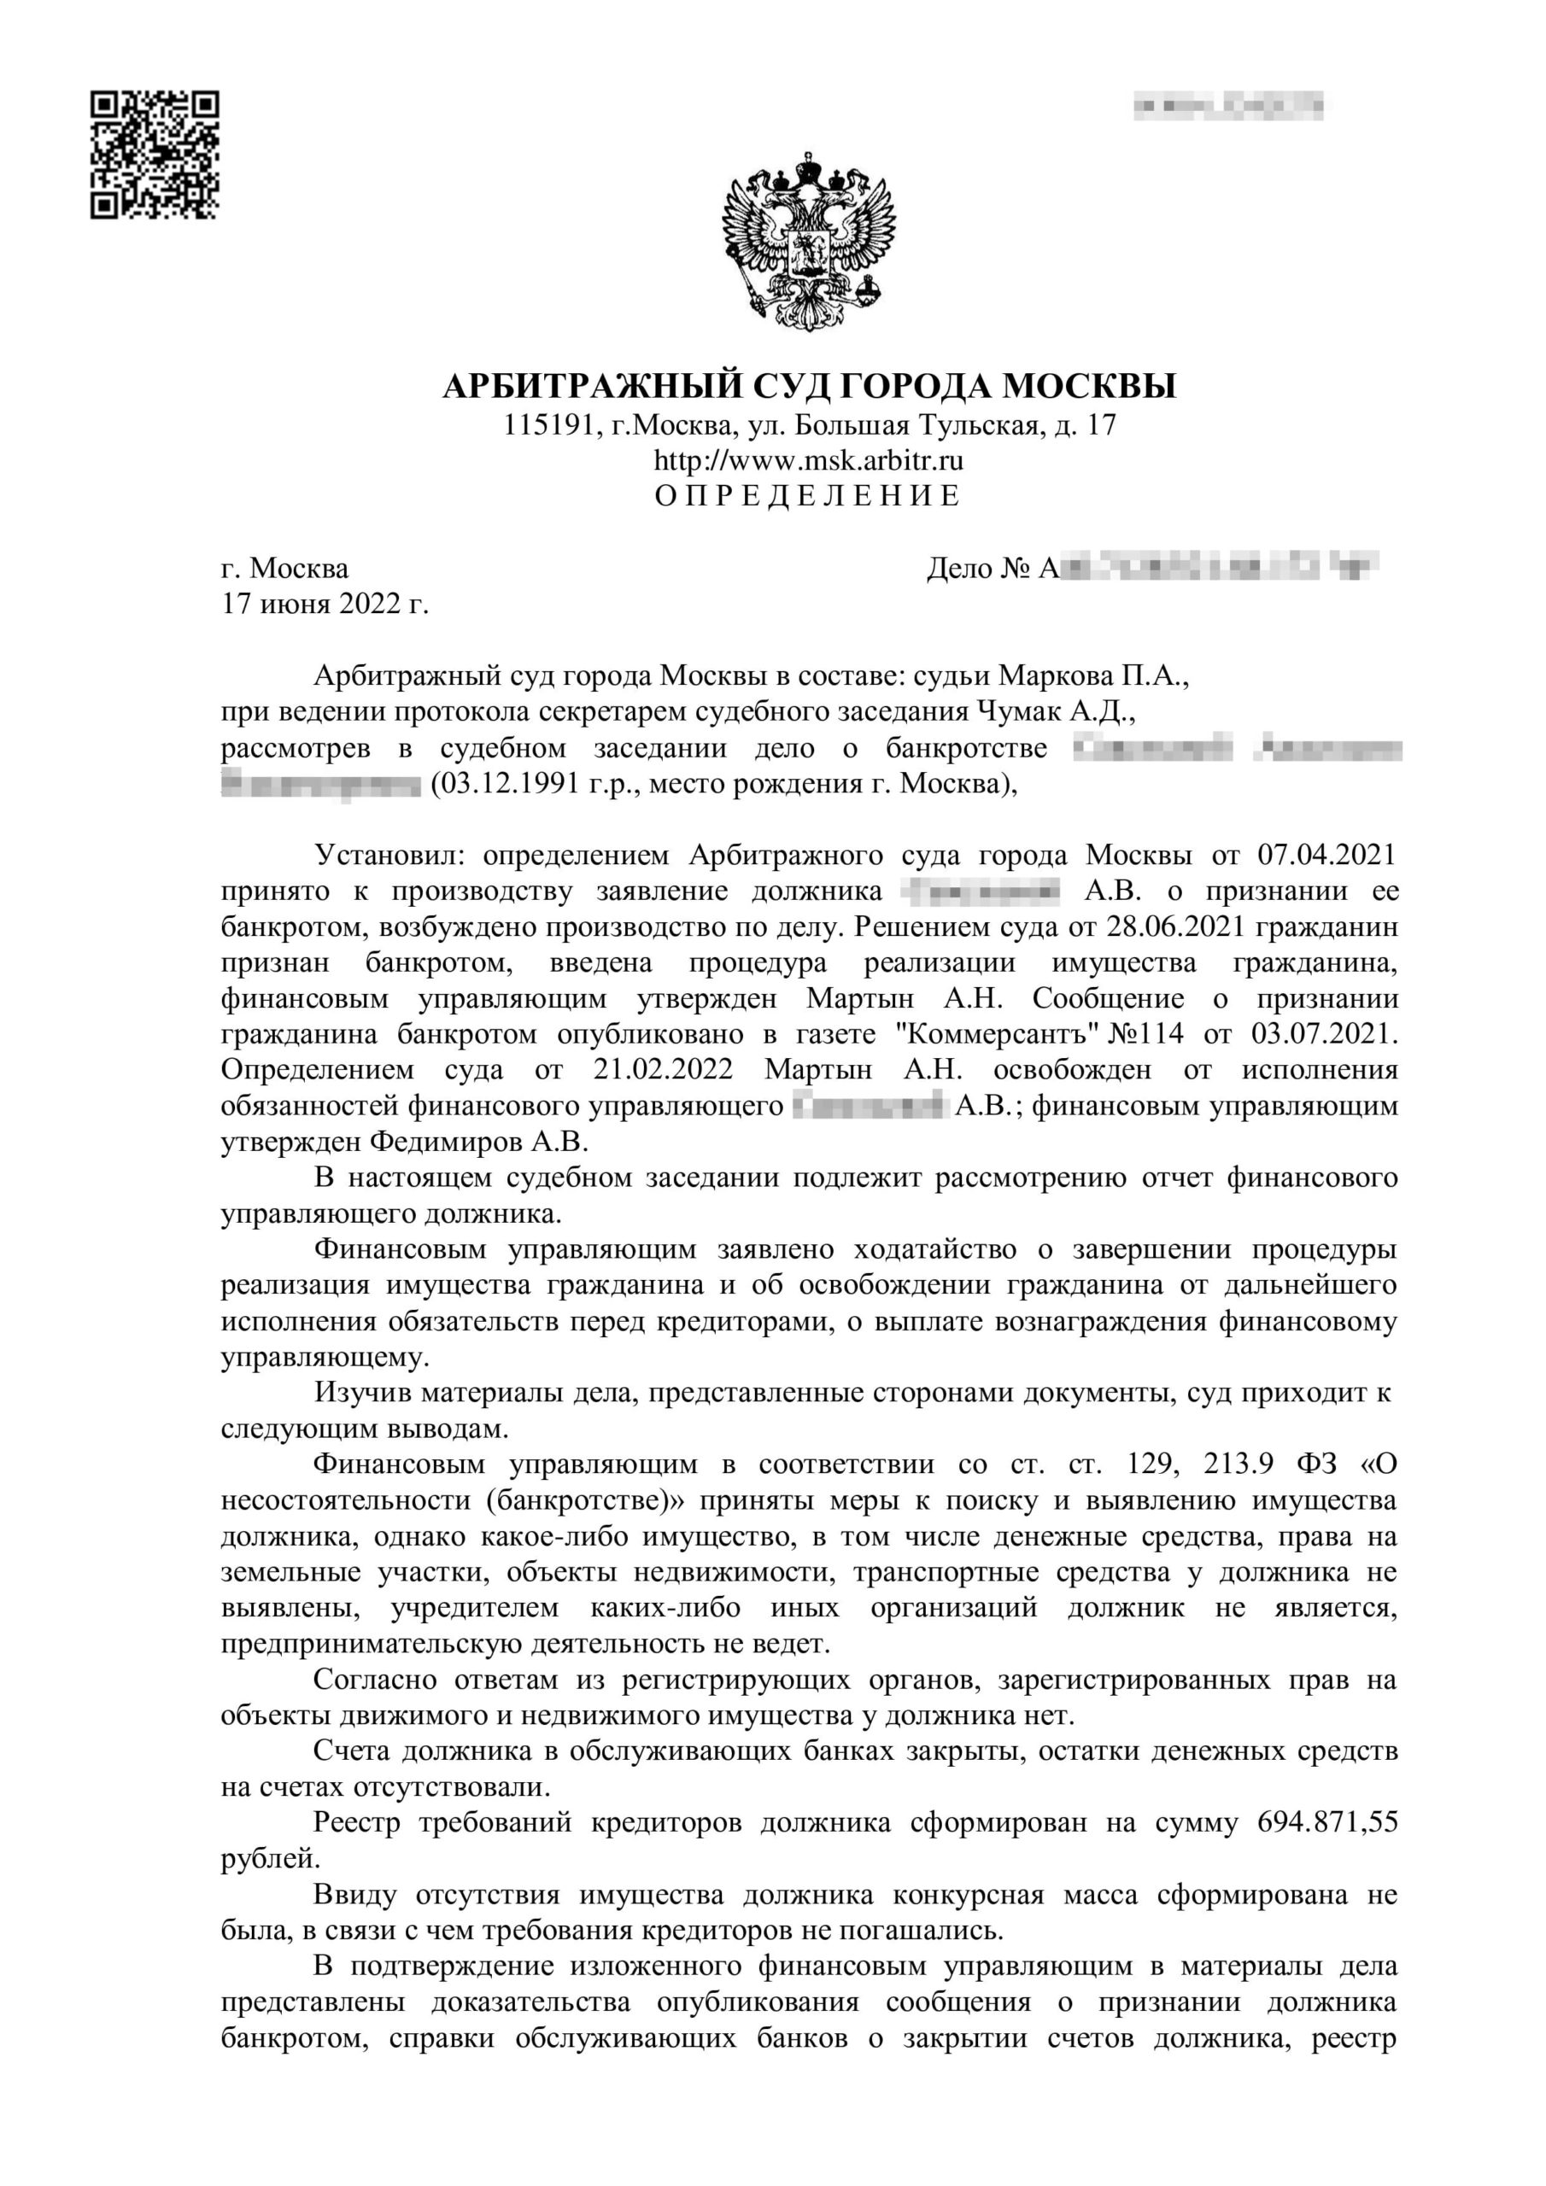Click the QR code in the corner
tap(155, 155)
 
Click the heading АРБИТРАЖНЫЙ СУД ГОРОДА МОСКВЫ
tap(809, 386)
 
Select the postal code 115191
tap(548, 424)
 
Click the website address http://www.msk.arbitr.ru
tap(808, 461)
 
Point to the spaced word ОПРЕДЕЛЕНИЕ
tap(808, 496)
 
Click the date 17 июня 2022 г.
tap(325, 604)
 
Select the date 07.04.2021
tap(1326, 855)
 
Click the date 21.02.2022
tap(663, 1069)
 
